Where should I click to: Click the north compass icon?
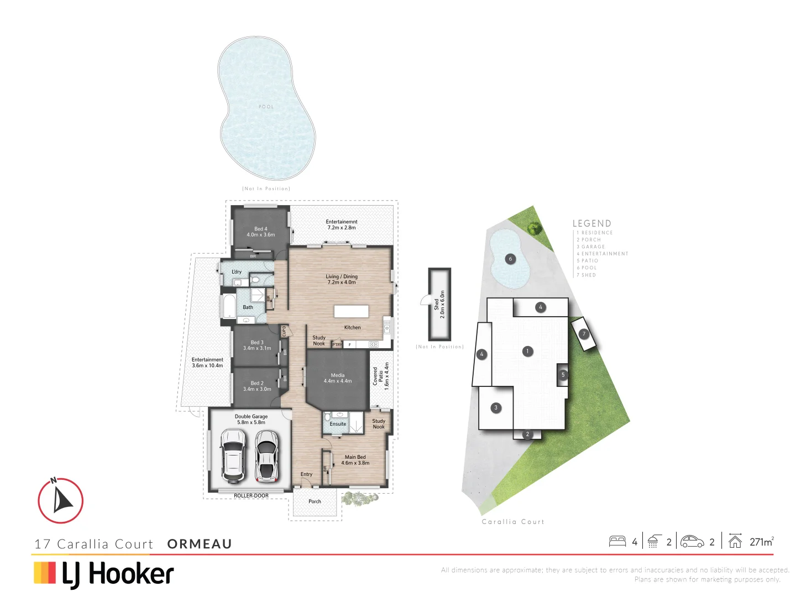coord(61,500)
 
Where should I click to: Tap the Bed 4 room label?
coord(260,232)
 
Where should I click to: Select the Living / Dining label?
coord(342,279)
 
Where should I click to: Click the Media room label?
coord(338,378)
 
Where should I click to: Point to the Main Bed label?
coord(355,460)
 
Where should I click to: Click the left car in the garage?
coord(233,455)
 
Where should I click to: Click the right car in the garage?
coord(266,455)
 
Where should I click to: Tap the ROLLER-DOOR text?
coord(251,496)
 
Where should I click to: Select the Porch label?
coord(315,501)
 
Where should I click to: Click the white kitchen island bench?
coord(351,311)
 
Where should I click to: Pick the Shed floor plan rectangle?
coord(439,304)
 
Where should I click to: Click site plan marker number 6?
coord(510,259)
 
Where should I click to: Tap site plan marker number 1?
coord(528,351)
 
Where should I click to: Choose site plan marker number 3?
coord(496,408)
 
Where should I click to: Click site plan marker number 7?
coord(584,334)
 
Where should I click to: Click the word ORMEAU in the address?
coord(200,544)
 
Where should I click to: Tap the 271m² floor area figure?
coord(761,542)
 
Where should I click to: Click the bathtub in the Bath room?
coord(228,306)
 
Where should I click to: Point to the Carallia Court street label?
coord(513,522)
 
